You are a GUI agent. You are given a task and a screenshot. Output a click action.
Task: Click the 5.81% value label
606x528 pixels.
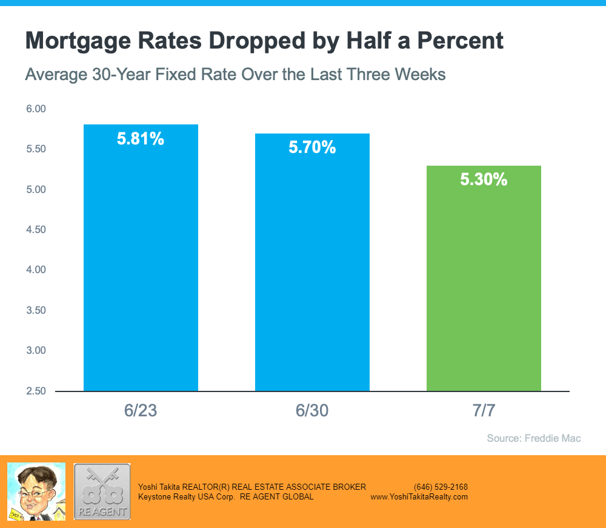[x=141, y=139]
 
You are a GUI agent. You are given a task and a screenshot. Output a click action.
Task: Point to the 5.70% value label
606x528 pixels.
[x=312, y=147]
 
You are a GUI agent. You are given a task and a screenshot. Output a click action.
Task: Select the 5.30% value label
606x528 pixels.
[x=484, y=180]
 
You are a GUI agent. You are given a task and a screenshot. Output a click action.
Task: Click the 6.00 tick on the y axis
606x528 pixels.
[x=36, y=109]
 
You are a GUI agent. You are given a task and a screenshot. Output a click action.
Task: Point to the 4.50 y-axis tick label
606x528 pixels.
[x=36, y=230]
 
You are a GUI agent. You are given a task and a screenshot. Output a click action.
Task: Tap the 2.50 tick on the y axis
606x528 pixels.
[x=36, y=391]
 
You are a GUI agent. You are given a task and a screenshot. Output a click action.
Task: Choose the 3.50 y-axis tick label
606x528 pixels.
[x=36, y=310]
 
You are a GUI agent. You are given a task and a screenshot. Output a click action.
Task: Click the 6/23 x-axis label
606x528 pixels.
[x=141, y=411]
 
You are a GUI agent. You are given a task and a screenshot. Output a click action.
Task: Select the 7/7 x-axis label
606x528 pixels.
[x=484, y=411]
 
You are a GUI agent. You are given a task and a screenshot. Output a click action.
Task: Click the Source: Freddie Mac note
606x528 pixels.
[x=534, y=438]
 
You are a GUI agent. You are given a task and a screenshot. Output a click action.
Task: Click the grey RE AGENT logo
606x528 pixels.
[x=102, y=492]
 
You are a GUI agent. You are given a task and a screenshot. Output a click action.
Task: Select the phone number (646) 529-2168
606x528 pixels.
[x=441, y=487]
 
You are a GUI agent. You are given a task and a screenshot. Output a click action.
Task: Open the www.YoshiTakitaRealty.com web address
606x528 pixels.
[x=419, y=496]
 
